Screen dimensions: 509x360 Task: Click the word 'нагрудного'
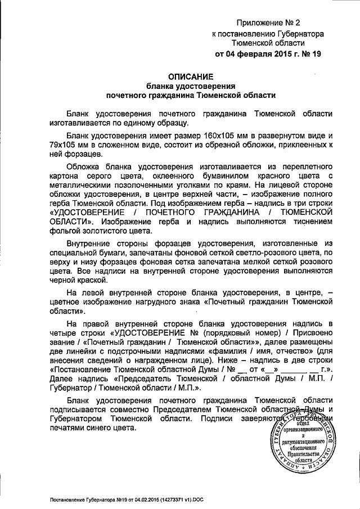click(169, 301)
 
